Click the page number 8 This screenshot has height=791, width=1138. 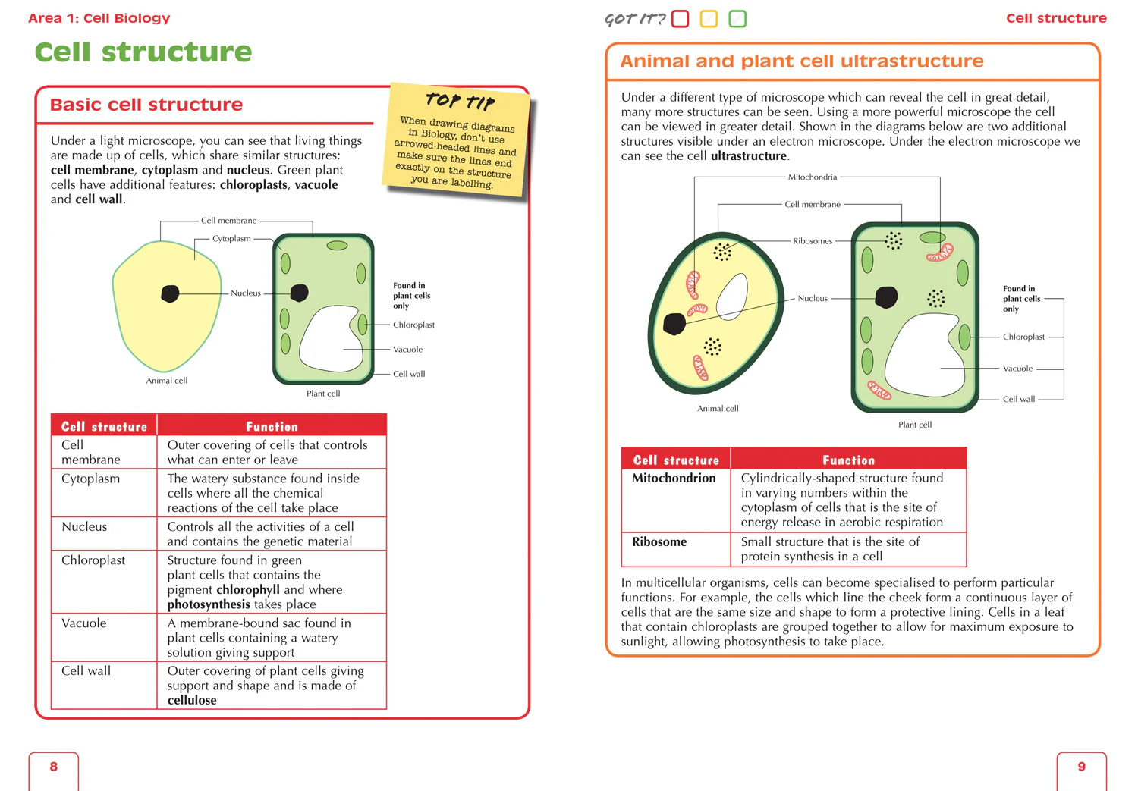(x=53, y=767)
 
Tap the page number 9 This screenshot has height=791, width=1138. (x=1081, y=767)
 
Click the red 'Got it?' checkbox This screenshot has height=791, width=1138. (x=681, y=19)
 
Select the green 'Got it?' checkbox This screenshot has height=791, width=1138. (x=737, y=19)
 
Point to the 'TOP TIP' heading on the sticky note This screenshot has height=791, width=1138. (x=460, y=101)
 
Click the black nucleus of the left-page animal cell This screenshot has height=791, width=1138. (x=170, y=293)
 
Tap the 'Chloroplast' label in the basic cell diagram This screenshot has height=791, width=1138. (x=413, y=325)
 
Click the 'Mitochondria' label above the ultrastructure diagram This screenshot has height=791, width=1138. (x=812, y=177)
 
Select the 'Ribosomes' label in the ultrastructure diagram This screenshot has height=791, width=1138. (x=812, y=241)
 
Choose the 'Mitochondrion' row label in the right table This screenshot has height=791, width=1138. (x=674, y=479)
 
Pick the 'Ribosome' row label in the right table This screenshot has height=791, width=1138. (x=659, y=542)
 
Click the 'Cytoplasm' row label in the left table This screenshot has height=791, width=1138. (x=90, y=479)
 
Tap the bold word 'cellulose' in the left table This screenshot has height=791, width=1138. (x=192, y=701)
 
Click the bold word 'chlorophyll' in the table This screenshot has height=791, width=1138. (x=247, y=590)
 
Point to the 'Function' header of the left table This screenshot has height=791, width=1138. (x=272, y=427)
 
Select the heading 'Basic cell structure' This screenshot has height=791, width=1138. (x=146, y=105)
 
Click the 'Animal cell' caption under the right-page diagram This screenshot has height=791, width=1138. (x=718, y=409)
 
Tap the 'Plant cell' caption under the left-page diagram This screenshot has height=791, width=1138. (x=323, y=394)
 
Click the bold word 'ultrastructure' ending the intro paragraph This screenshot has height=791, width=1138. (x=749, y=156)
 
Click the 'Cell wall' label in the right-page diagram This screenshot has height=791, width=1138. (x=1018, y=399)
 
